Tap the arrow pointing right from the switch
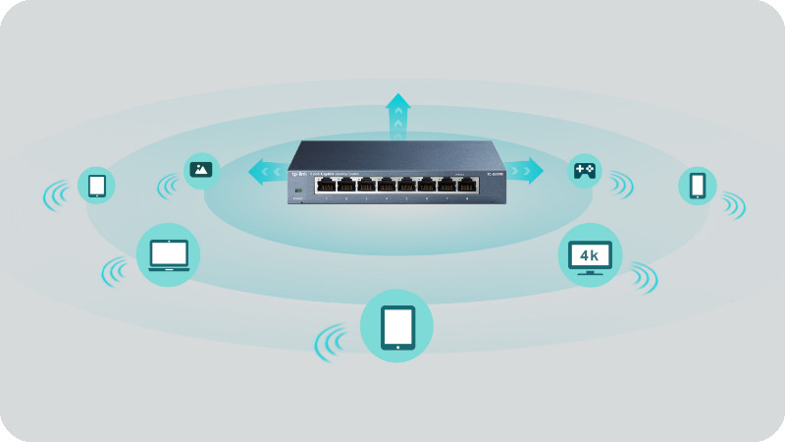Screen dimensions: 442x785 (x=525, y=171)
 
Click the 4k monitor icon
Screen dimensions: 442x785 (x=590, y=255)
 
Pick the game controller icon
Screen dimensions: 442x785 (x=585, y=171)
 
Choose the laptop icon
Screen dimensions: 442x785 (x=168, y=254)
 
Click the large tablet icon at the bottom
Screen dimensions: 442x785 (x=396, y=326)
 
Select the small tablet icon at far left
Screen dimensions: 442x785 (x=97, y=185)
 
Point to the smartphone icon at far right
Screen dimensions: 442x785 (x=697, y=186)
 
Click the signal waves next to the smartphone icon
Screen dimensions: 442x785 (x=733, y=204)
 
